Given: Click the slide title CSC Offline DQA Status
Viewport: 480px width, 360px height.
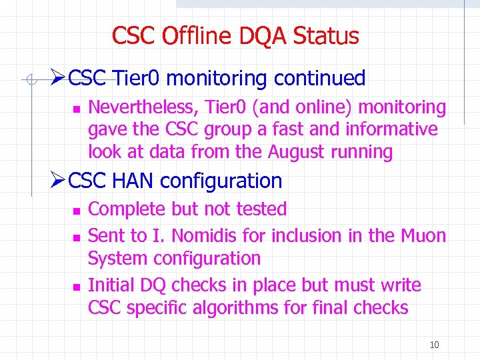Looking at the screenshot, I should [x=235, y=36].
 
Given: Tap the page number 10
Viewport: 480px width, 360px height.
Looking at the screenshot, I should [x=434, y=345].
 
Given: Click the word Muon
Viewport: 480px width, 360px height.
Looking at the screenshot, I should [x=423, y=235].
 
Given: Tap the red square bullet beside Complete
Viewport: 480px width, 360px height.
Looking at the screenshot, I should [x=76, y=210].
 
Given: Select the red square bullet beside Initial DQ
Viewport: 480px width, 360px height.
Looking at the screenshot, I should [x=76, y=286].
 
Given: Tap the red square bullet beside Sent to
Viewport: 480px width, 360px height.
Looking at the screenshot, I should [x=76, y=236].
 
